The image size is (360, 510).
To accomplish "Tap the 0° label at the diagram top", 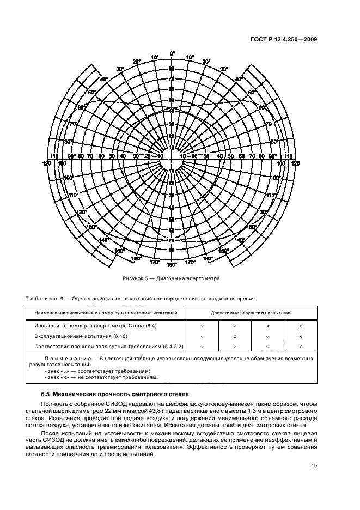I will pyautogui.click(x=172, y=53).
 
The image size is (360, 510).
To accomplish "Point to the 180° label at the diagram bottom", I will pyautogui.click(x=172, y=265).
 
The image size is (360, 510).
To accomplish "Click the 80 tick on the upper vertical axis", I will pyautogui.click(x=172, y=69).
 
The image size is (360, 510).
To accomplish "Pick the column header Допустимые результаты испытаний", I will pyautogui.click(x=251, y=313).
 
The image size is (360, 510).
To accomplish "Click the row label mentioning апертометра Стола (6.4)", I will pyautogui.click(x=95, y=326).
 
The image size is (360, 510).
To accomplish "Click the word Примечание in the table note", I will pyautogui.click(x=64, y=359).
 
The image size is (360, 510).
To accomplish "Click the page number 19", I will pyautogui.click(x=314, y=465).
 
